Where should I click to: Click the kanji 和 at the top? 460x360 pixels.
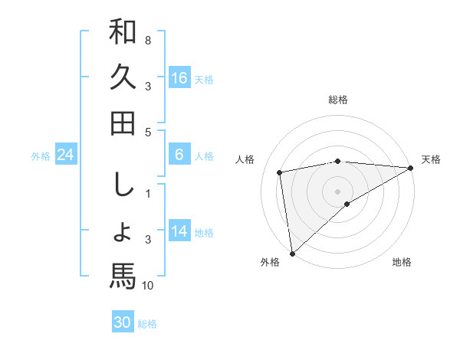click(123, 32)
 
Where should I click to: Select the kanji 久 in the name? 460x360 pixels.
click(123, 77)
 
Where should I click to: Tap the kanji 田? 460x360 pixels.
click(123, 123)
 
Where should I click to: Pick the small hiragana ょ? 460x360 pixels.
click(123, 231)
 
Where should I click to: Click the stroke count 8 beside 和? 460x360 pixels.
click(148, 40)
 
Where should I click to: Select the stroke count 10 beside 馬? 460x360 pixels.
click(148, 286)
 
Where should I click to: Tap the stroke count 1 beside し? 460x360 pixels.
click(148, 194)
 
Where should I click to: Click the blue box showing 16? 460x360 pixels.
click(179, 78)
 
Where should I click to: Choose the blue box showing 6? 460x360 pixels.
click(179, 155)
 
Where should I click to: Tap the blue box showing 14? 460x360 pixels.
click(179, 231)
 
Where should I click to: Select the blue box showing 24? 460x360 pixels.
click(66, 155)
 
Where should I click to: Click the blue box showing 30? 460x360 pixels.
click(123, 322)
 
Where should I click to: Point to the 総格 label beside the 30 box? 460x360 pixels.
click(147, 324)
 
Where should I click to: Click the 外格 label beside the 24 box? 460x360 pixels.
click(41, 156)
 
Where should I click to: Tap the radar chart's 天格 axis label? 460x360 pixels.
click(431, 159)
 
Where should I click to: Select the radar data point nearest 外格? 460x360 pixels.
click(292, 253)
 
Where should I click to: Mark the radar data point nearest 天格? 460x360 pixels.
click(412, 168)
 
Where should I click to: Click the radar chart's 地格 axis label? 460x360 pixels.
click(402, 262)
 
